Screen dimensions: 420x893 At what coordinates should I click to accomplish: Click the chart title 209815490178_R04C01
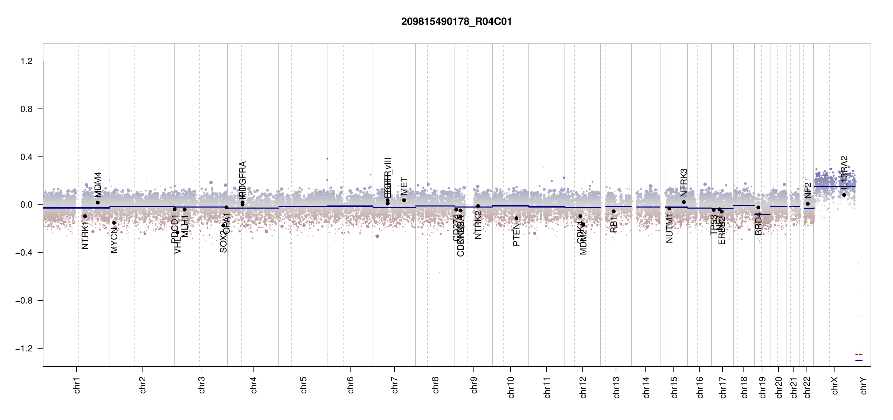[x=456, y=22]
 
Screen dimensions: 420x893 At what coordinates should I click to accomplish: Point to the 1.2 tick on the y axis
[x=27, y=61]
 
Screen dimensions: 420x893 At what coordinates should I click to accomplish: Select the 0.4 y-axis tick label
[x=27, y=157]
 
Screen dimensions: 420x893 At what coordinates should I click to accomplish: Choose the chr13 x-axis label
[x=616, y=387]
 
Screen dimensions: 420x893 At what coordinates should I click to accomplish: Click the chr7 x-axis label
[x=395, y=385]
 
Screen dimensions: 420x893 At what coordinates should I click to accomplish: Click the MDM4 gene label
[x=98, y=185]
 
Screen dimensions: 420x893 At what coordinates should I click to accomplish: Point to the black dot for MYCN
[x=114, y=223]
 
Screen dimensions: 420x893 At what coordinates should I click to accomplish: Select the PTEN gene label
[x=516, y=234]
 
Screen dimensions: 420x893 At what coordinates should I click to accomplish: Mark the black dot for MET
[x=404, y=200]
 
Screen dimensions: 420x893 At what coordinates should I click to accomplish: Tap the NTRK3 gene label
[x=684, y=182]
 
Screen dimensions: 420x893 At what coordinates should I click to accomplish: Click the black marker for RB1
[x=614, y=211]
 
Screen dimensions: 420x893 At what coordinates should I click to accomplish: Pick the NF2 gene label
[x=808, y=190]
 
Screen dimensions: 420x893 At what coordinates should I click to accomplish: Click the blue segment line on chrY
[x=859, y=360]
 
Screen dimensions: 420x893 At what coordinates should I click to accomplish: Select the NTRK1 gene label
[x=85, y=235]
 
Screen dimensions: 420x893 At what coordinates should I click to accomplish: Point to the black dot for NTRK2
[x=478, y=206]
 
